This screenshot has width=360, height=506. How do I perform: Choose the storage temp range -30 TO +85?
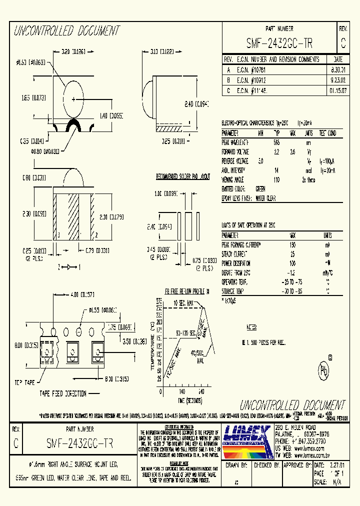click(x=292, y=290)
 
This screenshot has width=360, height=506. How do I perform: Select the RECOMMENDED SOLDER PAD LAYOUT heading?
click(x=183, y=177)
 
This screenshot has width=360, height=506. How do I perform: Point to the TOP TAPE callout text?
click(x=24, y=382)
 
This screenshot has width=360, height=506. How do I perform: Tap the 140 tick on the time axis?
click(x=182, y=392)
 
